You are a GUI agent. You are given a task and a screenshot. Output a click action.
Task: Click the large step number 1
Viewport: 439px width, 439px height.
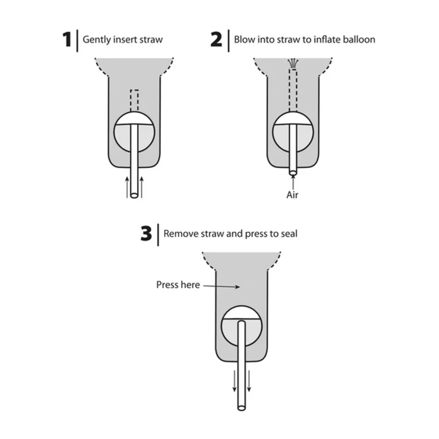click(x=67, y=40)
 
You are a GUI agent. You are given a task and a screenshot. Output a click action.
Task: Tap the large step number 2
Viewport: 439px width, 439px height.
click(x=216, y=40)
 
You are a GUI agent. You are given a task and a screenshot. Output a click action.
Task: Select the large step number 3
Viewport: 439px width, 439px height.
click(x=146, y=234)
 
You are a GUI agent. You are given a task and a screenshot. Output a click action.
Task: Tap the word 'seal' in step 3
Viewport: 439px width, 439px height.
click(x=289, y=234)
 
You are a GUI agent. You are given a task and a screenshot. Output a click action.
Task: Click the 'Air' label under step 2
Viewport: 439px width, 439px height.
click(x=292, y=195)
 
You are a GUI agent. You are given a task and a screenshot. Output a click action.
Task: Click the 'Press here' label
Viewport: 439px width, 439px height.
click(x=178, y=285)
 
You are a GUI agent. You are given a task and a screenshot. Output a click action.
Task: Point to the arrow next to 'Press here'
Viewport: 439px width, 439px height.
click(x=221, y=286)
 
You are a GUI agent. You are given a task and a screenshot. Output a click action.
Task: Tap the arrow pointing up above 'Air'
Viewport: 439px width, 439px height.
click(x=293, y=182)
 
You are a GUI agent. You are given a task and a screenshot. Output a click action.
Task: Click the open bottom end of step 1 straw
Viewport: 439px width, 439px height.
click(x=134, y=195)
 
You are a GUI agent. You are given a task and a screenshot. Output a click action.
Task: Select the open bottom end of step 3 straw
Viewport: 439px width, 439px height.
click(x=241, y=407)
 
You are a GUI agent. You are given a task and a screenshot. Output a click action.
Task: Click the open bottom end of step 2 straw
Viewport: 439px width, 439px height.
click(x=293, y=173)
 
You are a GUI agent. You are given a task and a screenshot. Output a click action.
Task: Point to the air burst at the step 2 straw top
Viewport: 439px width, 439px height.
click(x=293, y=63)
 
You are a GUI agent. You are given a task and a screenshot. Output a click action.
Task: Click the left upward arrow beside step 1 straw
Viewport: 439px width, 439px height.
click(x=127, y=187)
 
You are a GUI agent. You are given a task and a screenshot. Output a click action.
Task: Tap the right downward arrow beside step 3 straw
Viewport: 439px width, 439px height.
click(x=249, y=381)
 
